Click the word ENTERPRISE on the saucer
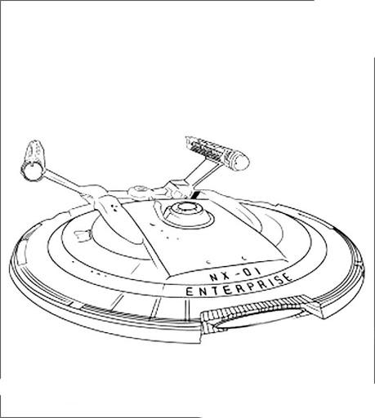pos(239,286)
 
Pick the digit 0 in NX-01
pos(248,272)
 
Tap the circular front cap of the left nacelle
pos(33,171)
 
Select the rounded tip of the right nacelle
pos(242,162)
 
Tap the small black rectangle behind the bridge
pos(196,195)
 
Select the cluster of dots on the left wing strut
pos(114,207)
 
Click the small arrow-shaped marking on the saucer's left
pos(83,235)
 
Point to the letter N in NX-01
pos(213,278)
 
